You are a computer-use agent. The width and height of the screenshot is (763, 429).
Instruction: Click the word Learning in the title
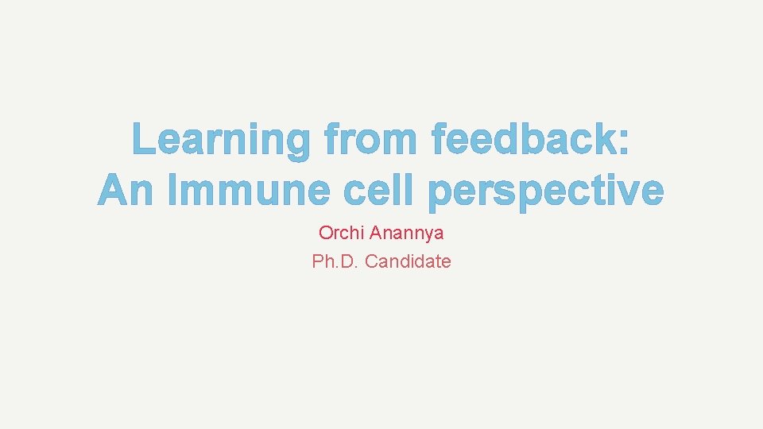[x=219, y=141]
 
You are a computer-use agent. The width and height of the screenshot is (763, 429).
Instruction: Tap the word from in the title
[x=370, y=141]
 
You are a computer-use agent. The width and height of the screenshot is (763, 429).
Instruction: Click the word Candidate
[x=409, y=261]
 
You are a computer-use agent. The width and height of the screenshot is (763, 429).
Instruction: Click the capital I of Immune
[x=173, y=191]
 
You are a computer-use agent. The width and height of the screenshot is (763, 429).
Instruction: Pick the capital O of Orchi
[x=326, y=234]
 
